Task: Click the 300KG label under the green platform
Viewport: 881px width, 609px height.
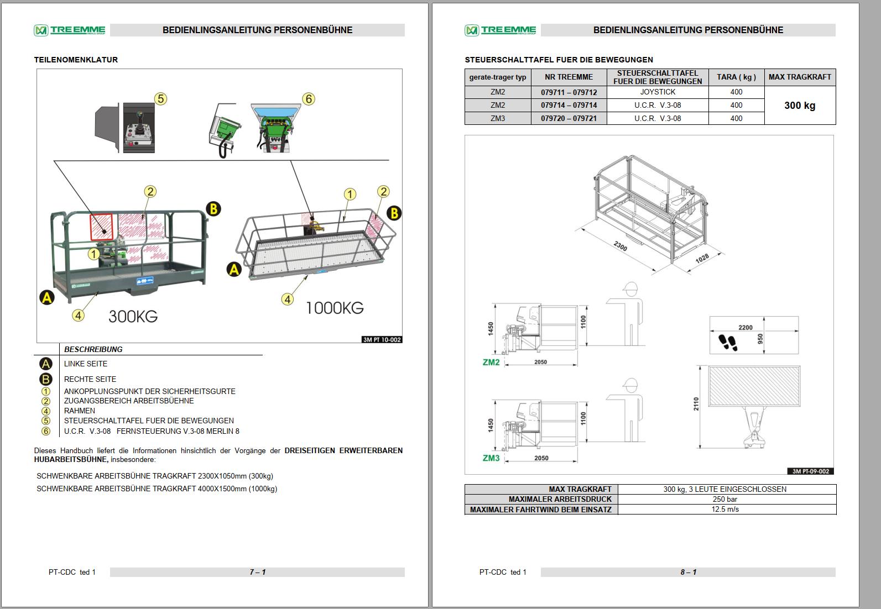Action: [133, 317]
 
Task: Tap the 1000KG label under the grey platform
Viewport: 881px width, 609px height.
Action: [334, 308]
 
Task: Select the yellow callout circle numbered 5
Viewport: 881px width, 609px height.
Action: [160, 99]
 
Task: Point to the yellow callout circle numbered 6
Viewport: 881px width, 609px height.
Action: [309, 99]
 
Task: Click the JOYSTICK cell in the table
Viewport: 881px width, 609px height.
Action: [657, 92]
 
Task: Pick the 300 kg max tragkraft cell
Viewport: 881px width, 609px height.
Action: [799, 106]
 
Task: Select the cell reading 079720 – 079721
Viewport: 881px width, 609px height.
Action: [569, 118]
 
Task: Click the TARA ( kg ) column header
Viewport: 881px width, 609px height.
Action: [736, 77]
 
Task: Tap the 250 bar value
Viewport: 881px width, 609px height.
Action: [725, 499]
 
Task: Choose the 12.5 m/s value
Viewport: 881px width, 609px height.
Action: [725, 509]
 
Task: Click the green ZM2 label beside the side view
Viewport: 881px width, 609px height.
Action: [491, 363]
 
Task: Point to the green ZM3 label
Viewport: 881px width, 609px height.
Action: [491, 458]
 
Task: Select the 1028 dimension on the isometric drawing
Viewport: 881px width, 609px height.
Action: [702, 259]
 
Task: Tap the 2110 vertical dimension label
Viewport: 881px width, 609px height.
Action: [696, 404]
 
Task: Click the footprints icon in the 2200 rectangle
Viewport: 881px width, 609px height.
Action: [728, 343]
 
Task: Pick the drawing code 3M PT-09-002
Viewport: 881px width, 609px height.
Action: [810, 471]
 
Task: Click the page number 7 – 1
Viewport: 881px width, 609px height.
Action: [257, 572]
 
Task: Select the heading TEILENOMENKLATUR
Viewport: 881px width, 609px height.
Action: [76, 60]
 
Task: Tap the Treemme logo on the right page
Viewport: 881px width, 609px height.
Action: [501, 30]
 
